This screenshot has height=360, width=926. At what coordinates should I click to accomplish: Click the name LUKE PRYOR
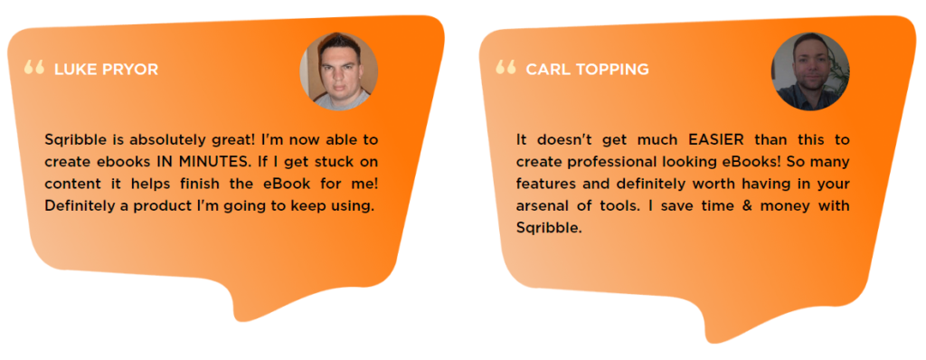tap(106, 70)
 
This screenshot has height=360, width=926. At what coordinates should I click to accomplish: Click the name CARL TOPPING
tap(587, 69)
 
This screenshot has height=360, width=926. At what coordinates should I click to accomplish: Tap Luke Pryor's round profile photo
tap(338, 71)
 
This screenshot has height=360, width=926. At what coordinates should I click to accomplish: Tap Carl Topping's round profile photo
tap(809, 71)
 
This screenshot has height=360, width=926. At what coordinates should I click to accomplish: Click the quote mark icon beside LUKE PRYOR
tap(34, 67)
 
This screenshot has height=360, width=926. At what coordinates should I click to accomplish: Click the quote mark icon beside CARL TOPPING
tap(506, 66)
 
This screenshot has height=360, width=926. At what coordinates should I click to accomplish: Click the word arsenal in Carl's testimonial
tap(543, 205)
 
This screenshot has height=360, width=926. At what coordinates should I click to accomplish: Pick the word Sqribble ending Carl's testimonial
tap(547, 227)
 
